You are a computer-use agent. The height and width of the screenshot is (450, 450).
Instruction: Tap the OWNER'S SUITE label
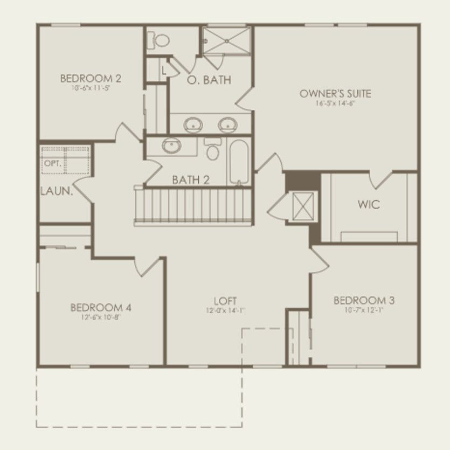point(335,94)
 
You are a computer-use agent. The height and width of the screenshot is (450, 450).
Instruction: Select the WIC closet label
point(369,205)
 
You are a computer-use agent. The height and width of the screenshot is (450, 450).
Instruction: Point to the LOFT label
point(225,301)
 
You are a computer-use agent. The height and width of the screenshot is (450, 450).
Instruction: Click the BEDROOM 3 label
point(359,300)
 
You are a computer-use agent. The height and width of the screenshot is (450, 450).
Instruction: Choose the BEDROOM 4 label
point(101,308)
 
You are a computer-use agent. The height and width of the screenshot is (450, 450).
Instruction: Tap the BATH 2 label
point(191,179)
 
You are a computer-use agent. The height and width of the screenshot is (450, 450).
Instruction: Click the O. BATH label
point(209,80)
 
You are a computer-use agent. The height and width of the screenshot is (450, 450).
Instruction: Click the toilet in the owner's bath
point(161,39)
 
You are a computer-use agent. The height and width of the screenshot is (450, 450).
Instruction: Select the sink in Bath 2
point(172,145)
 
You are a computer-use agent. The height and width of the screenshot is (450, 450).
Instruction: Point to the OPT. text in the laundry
point(52,163)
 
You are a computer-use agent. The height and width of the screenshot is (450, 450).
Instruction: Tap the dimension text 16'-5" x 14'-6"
point(335,103)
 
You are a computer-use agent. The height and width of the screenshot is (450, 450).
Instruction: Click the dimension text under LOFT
point(225,310)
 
